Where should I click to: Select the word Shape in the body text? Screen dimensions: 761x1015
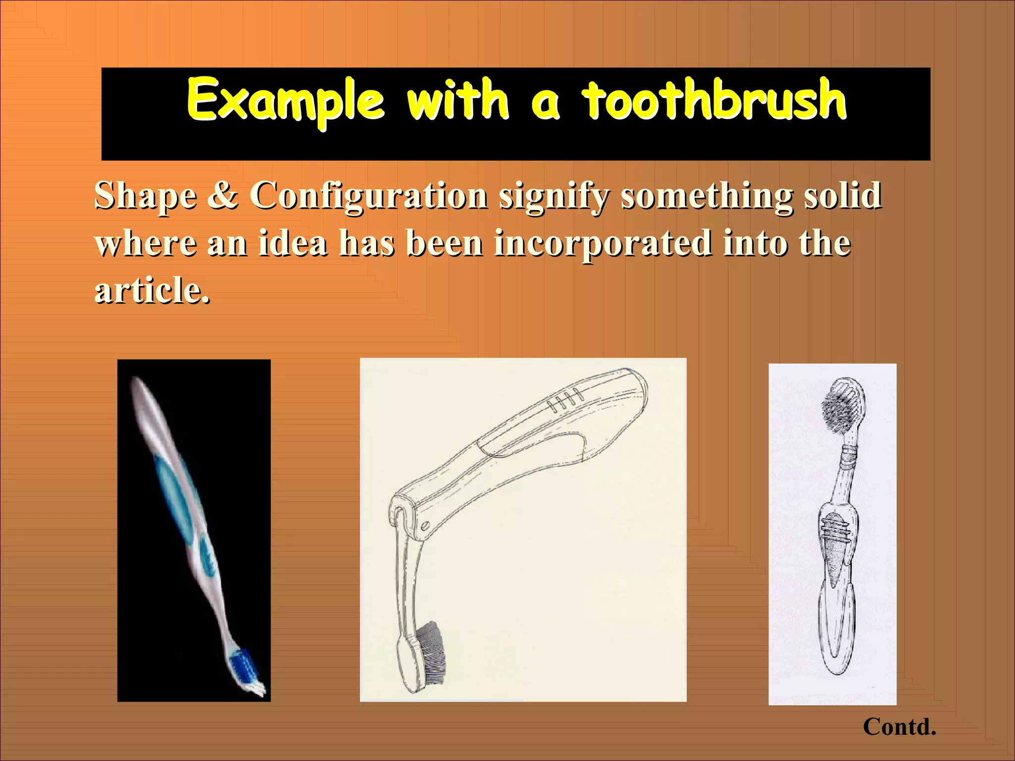[x=146, y=196]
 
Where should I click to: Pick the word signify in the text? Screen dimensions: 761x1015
[x=554, y=196]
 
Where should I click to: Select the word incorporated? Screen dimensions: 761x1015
[x=603, y=244]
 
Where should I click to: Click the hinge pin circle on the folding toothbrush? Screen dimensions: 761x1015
[x=425, y=525]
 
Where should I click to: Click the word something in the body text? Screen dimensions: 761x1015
[x=708, y=196]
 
